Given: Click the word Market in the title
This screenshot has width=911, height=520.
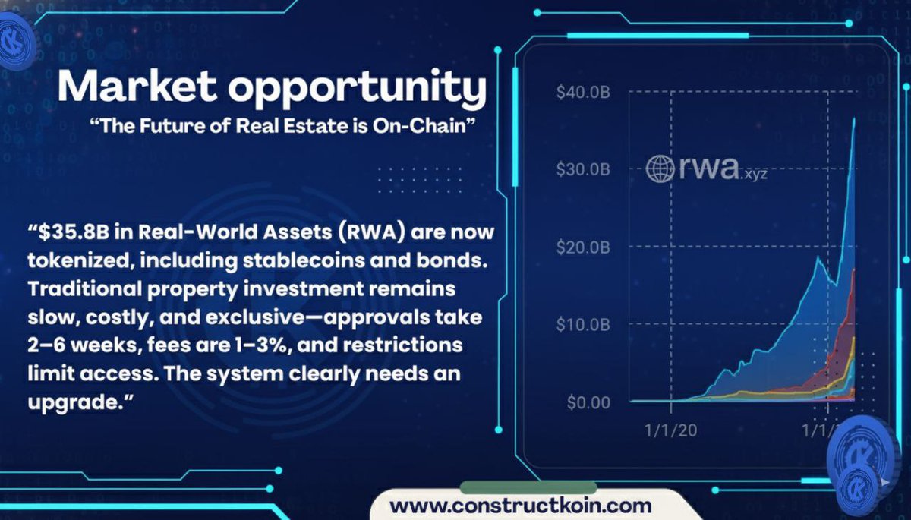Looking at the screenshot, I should tap(136, 87).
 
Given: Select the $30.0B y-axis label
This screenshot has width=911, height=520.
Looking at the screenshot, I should tap(583, 169).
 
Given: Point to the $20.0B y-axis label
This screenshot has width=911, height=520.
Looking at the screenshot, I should tap(583, 247).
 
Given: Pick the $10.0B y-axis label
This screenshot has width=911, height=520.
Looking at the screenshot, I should tap(583, 324).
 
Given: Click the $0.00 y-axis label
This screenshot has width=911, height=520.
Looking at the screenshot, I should tap(588, 402).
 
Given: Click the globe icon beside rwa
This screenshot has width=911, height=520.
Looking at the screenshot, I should tap(660, 169).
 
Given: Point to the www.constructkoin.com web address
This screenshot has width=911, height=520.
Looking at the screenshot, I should tap(520, 504).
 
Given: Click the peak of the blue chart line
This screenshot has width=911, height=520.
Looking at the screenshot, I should tap(855, 118).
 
